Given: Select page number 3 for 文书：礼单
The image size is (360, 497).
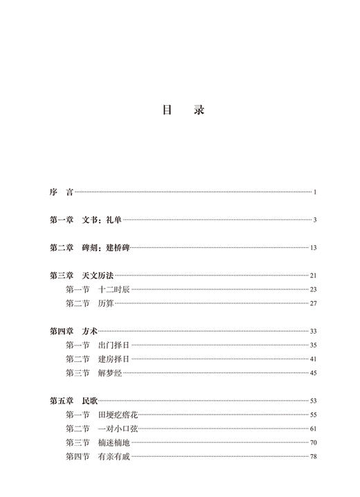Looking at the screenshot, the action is tap(314, 220).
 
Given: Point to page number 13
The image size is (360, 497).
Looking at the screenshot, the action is tap(313, 248).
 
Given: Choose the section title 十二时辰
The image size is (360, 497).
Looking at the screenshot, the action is tap(114, 289).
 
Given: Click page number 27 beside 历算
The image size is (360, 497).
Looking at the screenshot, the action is tap(313, 303).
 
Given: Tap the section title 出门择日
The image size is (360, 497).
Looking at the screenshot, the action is tap(114, 345).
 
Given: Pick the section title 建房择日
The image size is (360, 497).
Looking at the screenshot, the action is tap(114, 359).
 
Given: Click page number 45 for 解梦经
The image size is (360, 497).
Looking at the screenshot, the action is tap(313, 373).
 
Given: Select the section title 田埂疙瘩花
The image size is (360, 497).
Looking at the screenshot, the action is tap(118, 415).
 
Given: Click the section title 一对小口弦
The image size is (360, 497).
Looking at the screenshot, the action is tap(118, 428).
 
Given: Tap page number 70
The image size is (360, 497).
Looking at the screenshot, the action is tap(313, 442).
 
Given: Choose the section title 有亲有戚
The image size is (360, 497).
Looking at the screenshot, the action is tap(114, 456).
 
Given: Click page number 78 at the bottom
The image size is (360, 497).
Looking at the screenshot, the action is tap(313, 456).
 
